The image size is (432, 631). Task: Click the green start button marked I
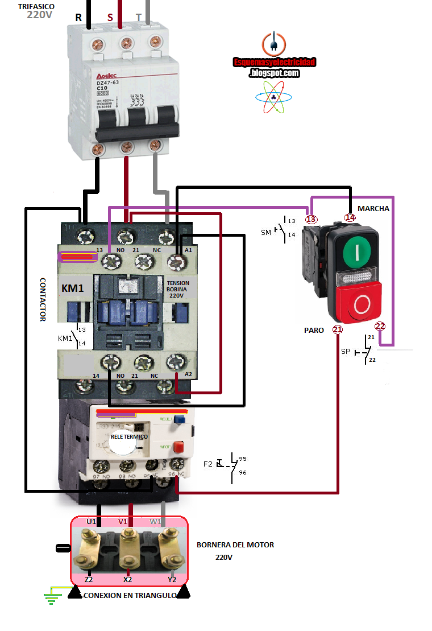(x=357, y=251)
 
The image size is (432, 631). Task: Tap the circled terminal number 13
(x=310, y=219)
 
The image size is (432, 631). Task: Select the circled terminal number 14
(x=350, y=217)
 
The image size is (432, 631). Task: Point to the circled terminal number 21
(x=338, y=329)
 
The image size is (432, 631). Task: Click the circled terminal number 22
(x=380, y=326)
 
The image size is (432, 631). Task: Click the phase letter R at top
(x=78, y=17)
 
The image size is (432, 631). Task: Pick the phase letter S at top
(x=110, y=17)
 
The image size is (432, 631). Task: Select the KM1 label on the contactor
(x=73, y=288)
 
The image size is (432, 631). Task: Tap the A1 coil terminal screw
(x=176, y=261)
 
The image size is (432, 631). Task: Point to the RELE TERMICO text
(x=129, y=436)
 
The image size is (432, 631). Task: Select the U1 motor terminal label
(x=91, y=522)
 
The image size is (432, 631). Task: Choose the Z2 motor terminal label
(x=89, y=579)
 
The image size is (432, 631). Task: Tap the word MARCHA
(x=373, y=209)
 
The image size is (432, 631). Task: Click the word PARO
(x=314, y=330)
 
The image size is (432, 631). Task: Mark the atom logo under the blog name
(x=273, y=96)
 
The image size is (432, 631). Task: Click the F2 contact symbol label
(x=208, y=464)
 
